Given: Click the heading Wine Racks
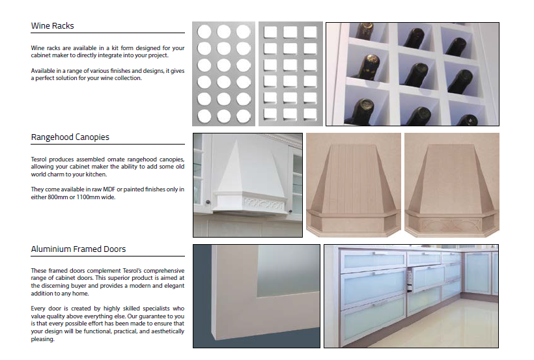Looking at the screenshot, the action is [53, 26].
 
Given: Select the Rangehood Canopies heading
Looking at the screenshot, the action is [70, 137].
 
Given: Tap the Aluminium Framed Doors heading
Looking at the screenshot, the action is [78, 249].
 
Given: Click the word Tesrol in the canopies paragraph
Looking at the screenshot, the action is [38, 159].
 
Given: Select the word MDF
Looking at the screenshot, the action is [109, 189].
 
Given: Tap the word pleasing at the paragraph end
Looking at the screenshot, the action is [42, 339].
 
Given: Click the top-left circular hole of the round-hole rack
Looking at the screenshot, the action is [204, 32].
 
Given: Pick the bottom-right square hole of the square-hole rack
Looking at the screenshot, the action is [310, 115].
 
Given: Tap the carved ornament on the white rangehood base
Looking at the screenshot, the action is [262, 204].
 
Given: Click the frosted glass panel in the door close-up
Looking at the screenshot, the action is [288, 271].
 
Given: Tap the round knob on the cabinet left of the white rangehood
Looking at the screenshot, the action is [208, 202].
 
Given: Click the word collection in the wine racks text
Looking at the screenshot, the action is [128, 78].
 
